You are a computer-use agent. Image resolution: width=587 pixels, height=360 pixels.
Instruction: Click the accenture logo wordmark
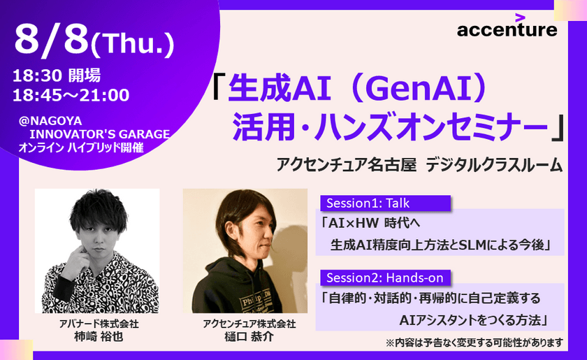click(x=507, y=30)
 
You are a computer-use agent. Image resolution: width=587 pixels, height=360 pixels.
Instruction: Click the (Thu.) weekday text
click(x=133, y=45)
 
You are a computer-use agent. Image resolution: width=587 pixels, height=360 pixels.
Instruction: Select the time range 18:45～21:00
click(x=70, y=94)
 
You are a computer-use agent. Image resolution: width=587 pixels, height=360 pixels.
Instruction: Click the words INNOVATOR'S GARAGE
click(x=99, y=134)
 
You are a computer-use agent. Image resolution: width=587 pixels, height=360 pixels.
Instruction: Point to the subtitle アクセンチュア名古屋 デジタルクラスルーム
click(x=419, y=165)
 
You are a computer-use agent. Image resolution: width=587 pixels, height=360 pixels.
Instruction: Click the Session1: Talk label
click(x=365, y=203)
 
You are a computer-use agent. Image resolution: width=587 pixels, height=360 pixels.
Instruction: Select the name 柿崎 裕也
click(x=97, y=337)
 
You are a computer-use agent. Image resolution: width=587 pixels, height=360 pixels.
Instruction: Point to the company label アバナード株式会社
click(x=97, y=324)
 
